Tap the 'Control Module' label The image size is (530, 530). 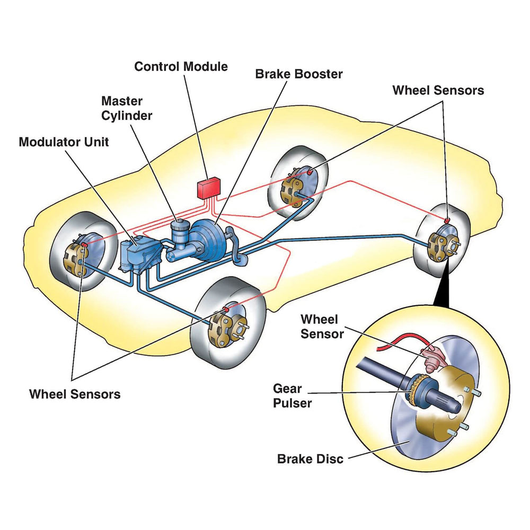181,67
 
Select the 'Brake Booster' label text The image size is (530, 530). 299,74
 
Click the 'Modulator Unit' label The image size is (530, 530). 64,142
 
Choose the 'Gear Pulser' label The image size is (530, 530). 292,395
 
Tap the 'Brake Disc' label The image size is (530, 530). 310,458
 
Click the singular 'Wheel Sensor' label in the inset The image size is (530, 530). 322,326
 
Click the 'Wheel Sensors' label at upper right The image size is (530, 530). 438,91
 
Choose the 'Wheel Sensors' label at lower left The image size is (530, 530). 75,394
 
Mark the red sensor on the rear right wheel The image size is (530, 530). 447,219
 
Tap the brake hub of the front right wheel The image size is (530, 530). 225,329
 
